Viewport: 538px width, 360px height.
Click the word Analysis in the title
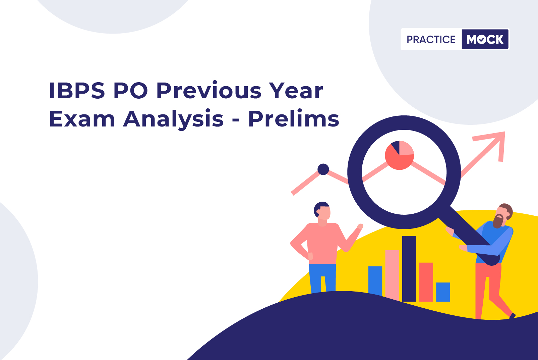click(x=173, y=119)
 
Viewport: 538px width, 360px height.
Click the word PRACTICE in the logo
click(x=431, y=40)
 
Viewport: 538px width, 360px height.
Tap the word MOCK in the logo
click(x=485, y=39)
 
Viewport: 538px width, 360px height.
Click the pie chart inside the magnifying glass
click(x=400, y=155)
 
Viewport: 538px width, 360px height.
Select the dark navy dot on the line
click(x=323, y=169)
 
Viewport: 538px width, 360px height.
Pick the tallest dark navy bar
click(x=409, y=269)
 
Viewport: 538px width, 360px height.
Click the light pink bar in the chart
click(x=392, y=275)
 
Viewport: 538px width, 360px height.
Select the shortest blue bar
click(x=443, y=292)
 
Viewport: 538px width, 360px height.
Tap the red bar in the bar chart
click(x=426, y=282)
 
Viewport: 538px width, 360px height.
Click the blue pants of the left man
click(x=322, y=278)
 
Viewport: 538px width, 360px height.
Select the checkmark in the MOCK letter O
click(x=481, y=40)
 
